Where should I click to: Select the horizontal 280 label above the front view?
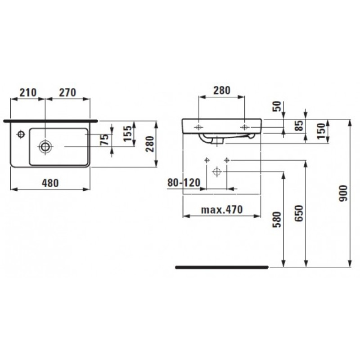point(221,90)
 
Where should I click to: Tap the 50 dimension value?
point(278,107)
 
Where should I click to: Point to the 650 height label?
point(299,211)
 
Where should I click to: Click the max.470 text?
point(222,209)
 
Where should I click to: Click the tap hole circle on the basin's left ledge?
point(20,134)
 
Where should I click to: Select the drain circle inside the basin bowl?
point(45,146)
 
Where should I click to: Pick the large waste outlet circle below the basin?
point(217,171)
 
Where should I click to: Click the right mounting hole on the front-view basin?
point(244,128)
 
